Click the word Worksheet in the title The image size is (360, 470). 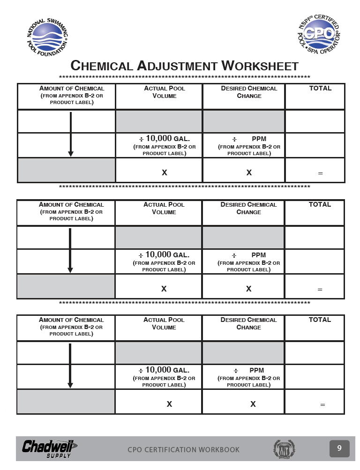tap(260, 66)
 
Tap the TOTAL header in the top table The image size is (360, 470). tap(320, 88)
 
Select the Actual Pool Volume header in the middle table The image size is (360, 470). tap(164, 208)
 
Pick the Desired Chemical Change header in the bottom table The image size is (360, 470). tap(248, 323)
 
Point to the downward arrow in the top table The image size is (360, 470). tap(70, 134)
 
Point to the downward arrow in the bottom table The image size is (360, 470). tap(70, 366)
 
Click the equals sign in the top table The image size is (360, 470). tap(321, 173)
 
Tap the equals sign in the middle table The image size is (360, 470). tap(320, 290)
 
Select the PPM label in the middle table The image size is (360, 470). tap(259, 255)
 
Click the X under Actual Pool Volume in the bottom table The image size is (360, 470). tap(169, 404)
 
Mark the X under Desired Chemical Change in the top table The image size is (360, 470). tap(249, 172)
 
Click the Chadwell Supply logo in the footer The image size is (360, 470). tap(49, 448)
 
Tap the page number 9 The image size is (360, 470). tap(339, 448)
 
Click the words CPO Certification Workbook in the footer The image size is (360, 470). tap(183, 450)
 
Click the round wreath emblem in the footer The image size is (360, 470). tap(284, 449)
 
